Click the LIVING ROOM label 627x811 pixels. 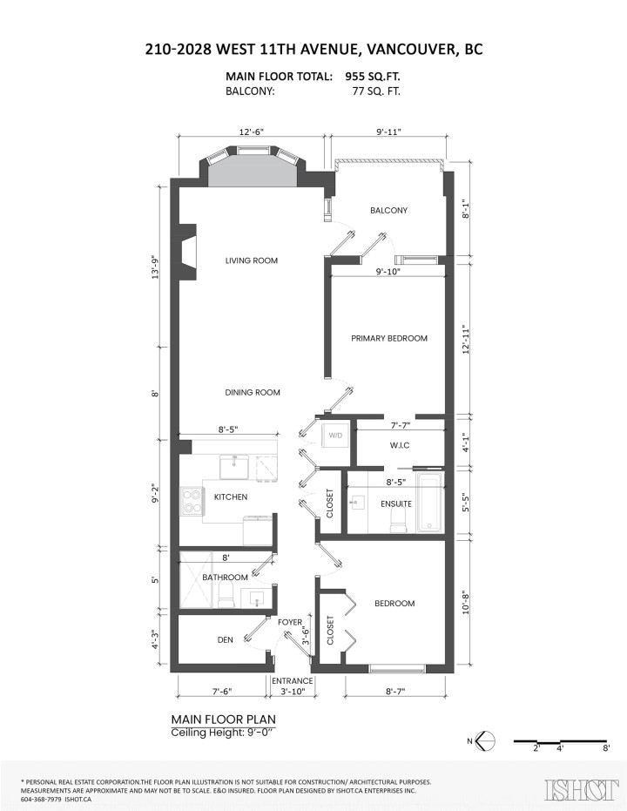(x=251, y=260)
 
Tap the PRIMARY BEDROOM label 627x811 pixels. (x=389, y=338)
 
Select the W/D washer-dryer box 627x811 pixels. (x=335, y=435)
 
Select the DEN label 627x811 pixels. (x=225, y=640)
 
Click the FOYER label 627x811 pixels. (x=290, y=622)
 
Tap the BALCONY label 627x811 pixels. (x=388, y=211)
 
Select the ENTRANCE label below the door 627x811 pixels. (x=293, y=680)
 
